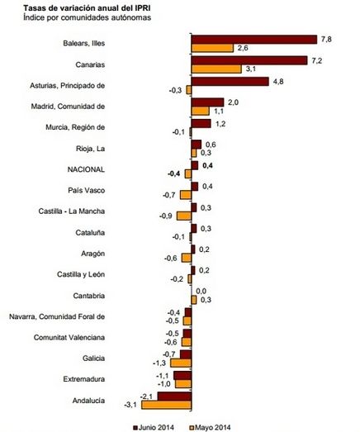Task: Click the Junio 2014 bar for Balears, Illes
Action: click(x=254, y=40)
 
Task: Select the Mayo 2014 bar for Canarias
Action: click(x=216, y=69)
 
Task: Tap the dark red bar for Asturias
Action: click(x=230, y=82)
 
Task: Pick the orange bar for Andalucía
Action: click(x=166, y=405)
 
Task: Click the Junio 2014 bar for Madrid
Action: click(x=208, y=102)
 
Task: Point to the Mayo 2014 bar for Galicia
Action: click(x=181, y=363)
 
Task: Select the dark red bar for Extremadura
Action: click(x=182, y=376)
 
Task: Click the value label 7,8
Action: click(x=326, y=40)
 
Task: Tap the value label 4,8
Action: click(x=278, y=82)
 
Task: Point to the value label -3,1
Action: click(x=130, y=405)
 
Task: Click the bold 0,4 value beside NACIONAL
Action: click(x=207, y=165)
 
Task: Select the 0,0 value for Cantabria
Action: click(x=201, y=292)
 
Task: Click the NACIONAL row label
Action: click(x=86, y=169)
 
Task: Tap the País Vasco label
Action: click(x=87, y=190)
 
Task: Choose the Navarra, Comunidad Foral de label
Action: click(x=57, y=316)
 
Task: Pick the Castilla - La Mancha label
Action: click(x=72, y=211)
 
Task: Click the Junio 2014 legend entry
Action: click(x=154, y=428)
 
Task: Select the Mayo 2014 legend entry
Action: click(x=211, y=428)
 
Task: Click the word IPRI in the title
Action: click(x=142, y=8)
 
